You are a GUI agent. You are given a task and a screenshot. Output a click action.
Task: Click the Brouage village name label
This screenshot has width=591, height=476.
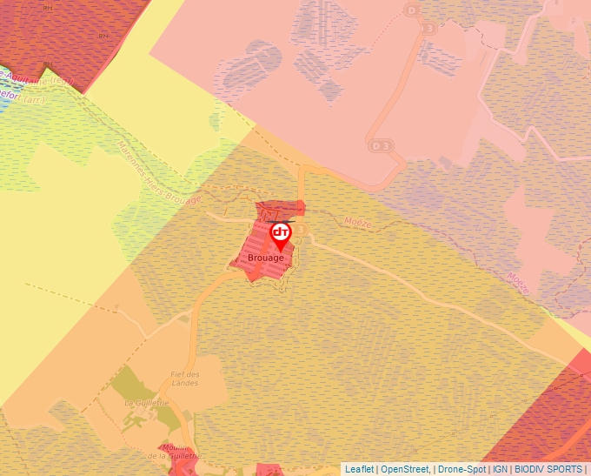click(x=266, y=258)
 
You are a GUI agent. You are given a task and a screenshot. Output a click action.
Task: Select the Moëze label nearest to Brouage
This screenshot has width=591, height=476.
click(x=357, y=224)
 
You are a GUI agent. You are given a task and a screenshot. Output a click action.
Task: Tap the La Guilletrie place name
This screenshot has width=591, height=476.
click(x=144, y=404)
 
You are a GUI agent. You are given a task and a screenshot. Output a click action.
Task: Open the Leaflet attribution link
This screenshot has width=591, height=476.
click(x=359, y=469)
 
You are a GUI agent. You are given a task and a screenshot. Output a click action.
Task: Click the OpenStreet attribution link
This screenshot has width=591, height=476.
click(x=404, y=469)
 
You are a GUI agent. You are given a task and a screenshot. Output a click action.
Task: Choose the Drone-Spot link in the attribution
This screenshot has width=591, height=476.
click(x=462, y=469)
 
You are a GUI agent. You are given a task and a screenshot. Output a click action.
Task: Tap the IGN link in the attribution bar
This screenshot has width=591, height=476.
click(x=500, y=469)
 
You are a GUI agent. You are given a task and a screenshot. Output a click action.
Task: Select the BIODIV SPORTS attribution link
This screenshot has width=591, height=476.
click(x=548, y=469)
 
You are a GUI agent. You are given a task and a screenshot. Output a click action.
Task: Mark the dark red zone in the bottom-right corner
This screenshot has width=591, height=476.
click(x=548, y=418)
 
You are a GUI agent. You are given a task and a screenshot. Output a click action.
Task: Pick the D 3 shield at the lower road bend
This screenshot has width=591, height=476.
click(x=381, y=144)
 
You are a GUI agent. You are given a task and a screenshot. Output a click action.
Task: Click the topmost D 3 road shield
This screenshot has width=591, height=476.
click(x=412, y=10)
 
